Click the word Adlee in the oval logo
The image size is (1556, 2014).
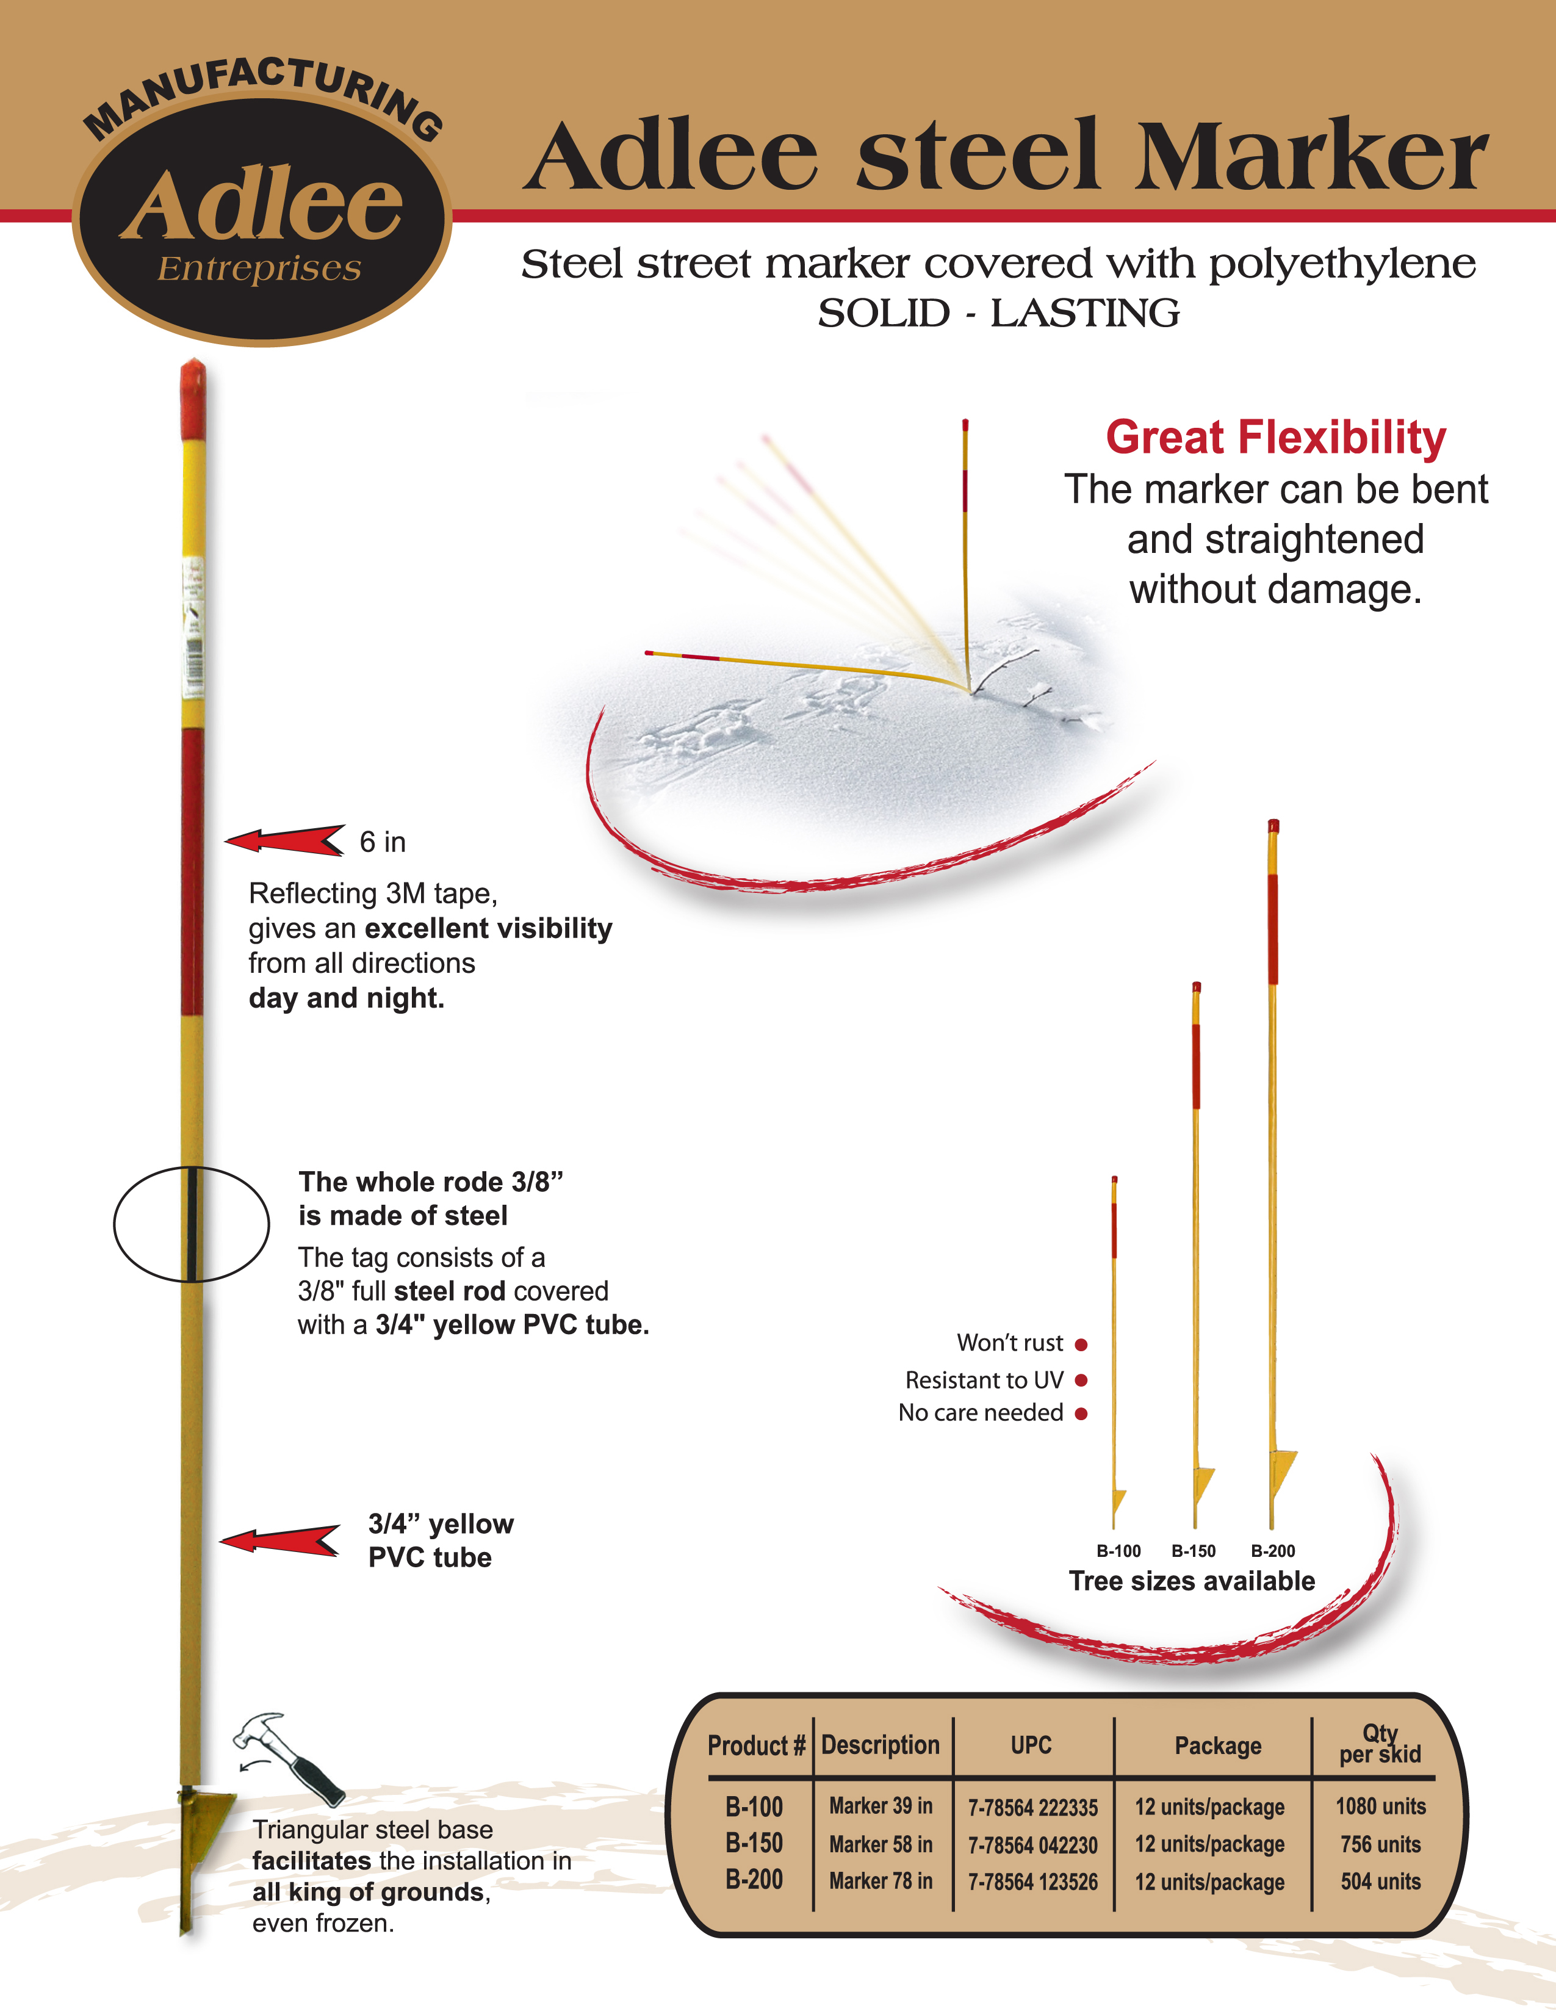(x=262, y=204)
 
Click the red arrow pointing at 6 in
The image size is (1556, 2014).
(x=285, y=840)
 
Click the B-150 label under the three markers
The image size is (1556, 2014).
(x=1193, y=1551)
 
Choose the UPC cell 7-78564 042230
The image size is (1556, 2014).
(x=1032, y=1845)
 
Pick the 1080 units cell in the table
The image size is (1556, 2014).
(x=1381, y=1806)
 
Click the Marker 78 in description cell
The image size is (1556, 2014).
(x=881, y=1881)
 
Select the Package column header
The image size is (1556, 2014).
(x=1218, y=1745)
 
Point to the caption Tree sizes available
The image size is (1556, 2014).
(x=1192, y=1581)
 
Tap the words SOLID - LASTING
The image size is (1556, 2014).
(x=998, y=314)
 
